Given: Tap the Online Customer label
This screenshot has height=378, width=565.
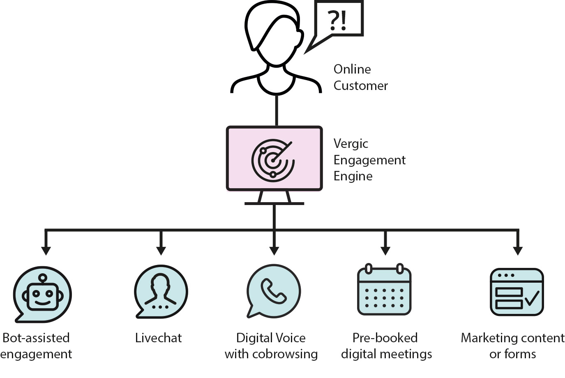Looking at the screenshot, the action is point(360,77).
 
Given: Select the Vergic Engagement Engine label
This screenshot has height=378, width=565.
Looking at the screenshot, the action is point(369,159).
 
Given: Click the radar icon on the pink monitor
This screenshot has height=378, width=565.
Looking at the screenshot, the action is point(273,160).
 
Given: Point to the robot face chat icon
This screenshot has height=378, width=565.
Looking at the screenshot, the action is point(42,294).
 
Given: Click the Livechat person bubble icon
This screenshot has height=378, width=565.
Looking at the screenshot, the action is point(161,292).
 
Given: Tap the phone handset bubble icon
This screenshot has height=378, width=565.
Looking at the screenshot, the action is point(273,291).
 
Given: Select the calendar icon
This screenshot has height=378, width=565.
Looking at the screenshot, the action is point(384,289).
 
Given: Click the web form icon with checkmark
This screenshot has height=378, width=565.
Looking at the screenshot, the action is point(517,292).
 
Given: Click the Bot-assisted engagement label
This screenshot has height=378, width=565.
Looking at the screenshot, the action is point(36,346).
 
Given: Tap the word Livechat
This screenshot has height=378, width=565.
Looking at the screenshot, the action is point(158,338).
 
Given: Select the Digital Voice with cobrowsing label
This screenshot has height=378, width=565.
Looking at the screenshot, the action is point(271,346).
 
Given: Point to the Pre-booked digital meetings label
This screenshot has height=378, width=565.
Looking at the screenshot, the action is point(386,346).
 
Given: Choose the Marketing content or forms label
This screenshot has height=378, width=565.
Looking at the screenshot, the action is point(512,346).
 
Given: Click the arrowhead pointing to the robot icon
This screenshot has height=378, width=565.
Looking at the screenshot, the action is point(46,251).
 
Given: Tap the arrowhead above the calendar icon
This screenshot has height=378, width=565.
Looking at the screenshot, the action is point(385,251).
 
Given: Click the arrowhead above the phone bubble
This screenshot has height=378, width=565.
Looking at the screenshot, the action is point(274,251).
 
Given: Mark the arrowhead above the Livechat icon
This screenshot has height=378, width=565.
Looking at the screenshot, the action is point(161,251).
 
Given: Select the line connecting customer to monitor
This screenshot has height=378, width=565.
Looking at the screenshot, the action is point(277,111).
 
